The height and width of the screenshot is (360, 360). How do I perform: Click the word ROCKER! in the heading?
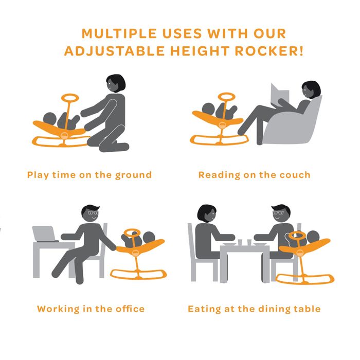269,51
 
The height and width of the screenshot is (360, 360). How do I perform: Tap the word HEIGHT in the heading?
200,51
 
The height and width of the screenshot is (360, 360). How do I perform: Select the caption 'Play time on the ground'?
89,175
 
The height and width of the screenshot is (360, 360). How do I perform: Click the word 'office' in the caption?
130,309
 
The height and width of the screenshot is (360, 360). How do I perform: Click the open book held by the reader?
280,95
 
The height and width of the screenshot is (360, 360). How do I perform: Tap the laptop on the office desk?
45,234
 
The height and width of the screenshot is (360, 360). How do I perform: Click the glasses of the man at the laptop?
93,213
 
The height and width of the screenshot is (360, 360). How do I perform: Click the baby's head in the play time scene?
49,119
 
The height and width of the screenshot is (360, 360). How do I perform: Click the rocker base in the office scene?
138,274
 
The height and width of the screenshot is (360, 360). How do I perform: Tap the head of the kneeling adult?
116,83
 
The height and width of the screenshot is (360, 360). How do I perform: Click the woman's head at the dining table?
207,213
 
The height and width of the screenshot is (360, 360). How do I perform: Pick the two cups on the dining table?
245,242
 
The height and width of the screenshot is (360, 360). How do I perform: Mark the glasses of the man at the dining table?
278,213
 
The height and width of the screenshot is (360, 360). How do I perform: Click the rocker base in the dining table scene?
304,279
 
